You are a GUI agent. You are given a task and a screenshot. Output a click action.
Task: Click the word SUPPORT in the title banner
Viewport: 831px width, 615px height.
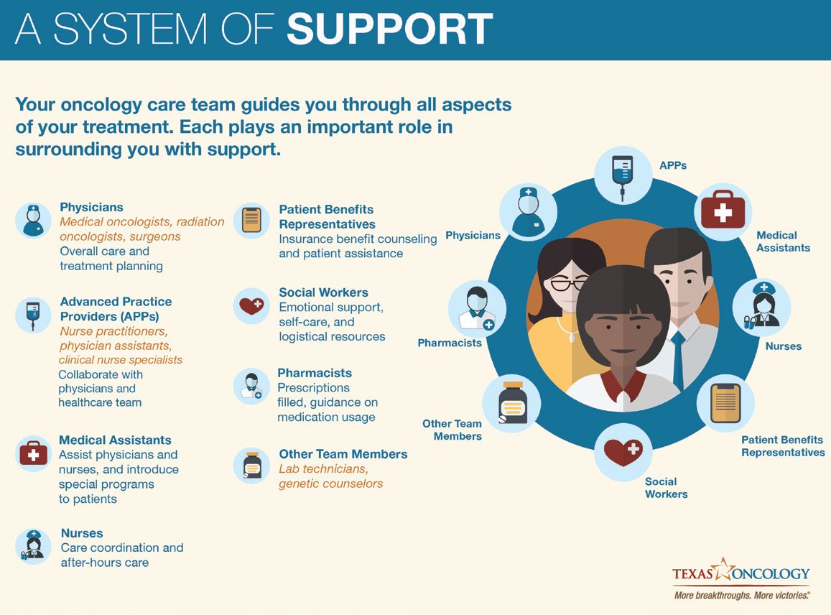pos(389,29)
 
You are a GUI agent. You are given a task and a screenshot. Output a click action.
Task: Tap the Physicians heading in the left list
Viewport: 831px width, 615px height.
pos(91,208)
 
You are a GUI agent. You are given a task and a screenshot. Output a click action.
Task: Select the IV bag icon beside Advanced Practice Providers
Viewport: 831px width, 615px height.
pos(33,315)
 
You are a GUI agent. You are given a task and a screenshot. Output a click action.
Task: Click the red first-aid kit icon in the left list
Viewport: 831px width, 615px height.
pos(33,453)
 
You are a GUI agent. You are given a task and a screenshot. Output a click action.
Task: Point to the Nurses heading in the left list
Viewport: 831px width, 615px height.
pos(82,533)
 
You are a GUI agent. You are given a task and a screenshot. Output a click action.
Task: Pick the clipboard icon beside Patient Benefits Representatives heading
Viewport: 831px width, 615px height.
pos(251,220)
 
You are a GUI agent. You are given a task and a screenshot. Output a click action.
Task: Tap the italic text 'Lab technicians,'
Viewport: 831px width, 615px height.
pos(323,469)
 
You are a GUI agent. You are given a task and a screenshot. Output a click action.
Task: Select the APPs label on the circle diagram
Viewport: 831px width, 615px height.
pos(672,165)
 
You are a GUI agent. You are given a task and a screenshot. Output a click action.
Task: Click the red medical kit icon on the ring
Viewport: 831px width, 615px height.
pos(723,211)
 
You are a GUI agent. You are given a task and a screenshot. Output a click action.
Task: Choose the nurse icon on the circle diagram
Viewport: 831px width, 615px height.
pos(761,307)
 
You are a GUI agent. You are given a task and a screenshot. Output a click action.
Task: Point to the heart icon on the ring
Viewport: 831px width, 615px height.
pos(623,452)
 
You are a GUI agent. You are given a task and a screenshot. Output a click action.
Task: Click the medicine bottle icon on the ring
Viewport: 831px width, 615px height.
pos(512,404)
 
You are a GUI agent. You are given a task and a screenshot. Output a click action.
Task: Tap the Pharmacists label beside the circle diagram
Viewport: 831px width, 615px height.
pos(450,343)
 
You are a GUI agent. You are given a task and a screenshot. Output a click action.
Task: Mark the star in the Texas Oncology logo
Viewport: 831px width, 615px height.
pos(723,569)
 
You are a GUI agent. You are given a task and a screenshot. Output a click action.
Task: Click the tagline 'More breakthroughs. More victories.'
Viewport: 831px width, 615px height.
pos(741,596)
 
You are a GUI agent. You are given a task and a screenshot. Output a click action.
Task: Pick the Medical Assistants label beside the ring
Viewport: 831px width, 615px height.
pos(783,241)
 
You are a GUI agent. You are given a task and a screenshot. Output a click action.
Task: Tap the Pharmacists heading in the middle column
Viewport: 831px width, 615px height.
pos(315,374)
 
